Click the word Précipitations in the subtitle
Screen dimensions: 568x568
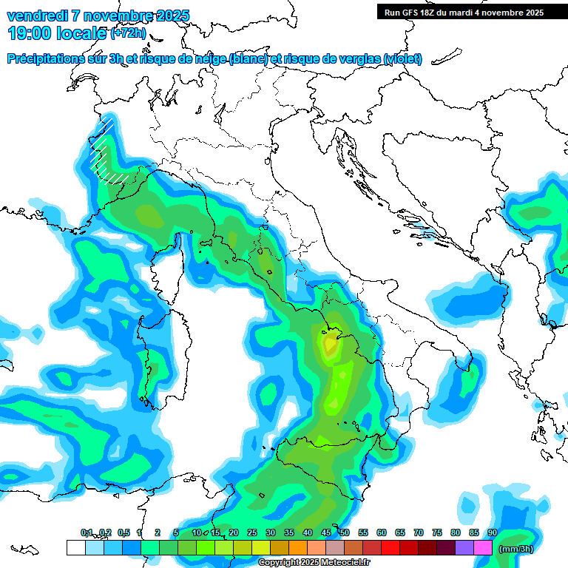pyautogui.click(x=48, y=58)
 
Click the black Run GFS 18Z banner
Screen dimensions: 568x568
pyautogui.click(x=464, y=12)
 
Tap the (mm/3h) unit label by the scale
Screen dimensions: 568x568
pyautogui.click(x=515, y=549)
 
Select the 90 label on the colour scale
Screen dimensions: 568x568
pyautogui.click(x=492, y=532)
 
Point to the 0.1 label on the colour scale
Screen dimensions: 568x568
pyautogui.click(x=87, y=532)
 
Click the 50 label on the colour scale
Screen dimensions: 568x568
pyautogui.click(x=344, y=532)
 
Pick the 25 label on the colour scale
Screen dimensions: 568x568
pyautogui.click(x=251, y=532)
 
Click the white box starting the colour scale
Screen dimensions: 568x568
pyautogui.click(x=75, y=547)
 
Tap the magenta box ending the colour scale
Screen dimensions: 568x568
pyautogui.click(x=483, y=547)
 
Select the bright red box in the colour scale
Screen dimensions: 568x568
pyautogui.click(x=390, y=547)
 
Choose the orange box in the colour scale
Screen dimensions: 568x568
pyautogui.click(x=297, y=547)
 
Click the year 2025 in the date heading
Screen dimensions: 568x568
pyautogui.click(x=172, y=16)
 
